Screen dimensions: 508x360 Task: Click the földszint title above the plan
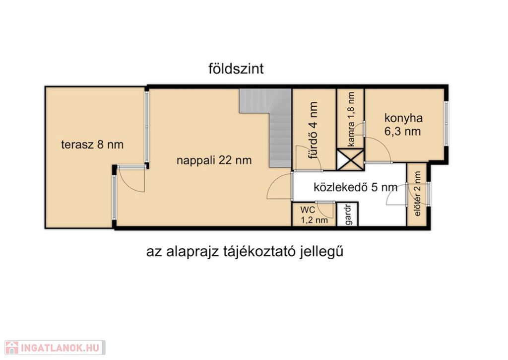coord(236,69)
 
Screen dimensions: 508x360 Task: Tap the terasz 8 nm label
coord(92,144)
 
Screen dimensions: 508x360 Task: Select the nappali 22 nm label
coord(214,160)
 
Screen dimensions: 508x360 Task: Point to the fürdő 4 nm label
coord(313,130)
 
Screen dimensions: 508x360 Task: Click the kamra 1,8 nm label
coord(351,119)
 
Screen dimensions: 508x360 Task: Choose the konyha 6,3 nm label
coord(403,125)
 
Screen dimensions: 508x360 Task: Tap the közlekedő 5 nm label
coord(355,187)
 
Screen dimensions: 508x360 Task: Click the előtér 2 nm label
coord(417,194)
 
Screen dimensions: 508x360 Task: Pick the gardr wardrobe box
coord(348,214)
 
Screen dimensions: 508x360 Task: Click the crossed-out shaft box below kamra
coord(350,159)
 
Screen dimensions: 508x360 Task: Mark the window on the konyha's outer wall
coord(446,123)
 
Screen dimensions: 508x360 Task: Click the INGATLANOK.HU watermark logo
coord(55,348)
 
